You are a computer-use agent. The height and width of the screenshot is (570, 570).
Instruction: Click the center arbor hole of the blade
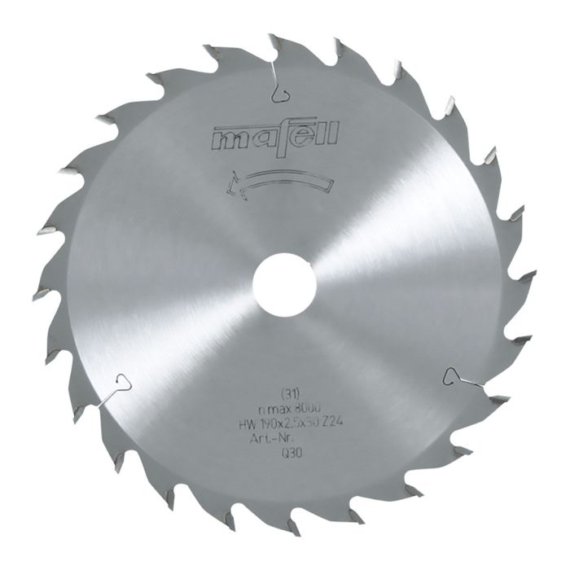pyautogui.click(x=284, y=285)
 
